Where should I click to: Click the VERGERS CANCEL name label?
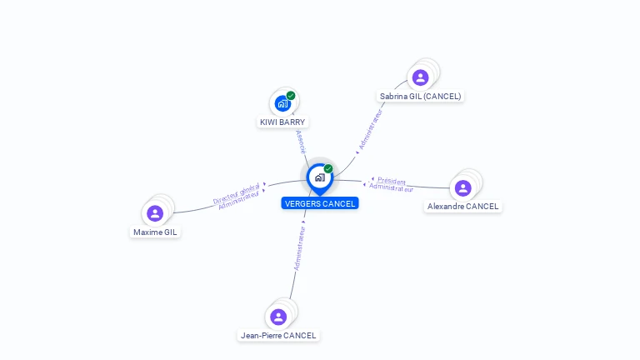[320, 203]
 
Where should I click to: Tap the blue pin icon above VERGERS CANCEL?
[319, 177]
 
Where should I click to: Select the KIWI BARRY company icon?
[282, 103]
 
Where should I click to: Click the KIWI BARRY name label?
[282, 122]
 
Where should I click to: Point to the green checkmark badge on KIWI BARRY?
[291, 95]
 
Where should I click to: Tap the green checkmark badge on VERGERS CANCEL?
[328, 168]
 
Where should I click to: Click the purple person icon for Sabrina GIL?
[420, 77]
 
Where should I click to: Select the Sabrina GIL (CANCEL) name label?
[420, 96]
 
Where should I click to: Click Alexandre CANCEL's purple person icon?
[463, 187]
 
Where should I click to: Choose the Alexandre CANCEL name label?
[463, 206]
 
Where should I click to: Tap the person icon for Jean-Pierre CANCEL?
[278, 317]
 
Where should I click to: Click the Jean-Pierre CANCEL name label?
[278, 335]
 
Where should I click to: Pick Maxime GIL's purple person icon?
[155, 213]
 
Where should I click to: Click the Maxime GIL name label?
[155, 232]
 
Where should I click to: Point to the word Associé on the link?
[301, 141]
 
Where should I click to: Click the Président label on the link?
[392, 180]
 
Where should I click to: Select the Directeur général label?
[237, 194]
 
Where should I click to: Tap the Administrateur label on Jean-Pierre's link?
[300, 247]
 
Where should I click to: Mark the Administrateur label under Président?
[391, 187]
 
